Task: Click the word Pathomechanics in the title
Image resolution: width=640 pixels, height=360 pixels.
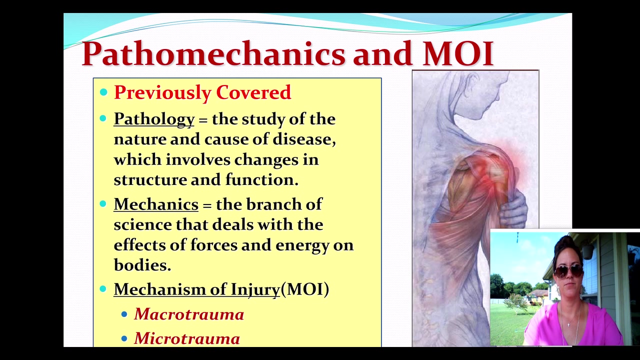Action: tap(213, 53)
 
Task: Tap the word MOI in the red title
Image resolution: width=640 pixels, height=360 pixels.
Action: tap(458, 53)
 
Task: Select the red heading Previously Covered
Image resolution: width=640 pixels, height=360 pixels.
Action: tap(202, 92)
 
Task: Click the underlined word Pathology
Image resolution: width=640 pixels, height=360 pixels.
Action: tap(154, 119)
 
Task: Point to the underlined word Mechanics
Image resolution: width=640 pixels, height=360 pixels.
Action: tap(156, 204)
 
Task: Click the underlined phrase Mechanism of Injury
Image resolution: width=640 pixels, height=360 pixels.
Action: tap(197, 289)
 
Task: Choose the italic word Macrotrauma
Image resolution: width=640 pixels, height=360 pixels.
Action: tap(189, 314)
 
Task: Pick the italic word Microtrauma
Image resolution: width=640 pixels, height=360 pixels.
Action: tap(187, 338)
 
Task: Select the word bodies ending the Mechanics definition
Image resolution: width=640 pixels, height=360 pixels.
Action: tap(142, 265)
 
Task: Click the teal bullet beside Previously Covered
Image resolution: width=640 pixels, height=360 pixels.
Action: tap(103, 92)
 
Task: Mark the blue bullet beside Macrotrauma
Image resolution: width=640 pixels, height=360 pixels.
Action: tap(124, 314)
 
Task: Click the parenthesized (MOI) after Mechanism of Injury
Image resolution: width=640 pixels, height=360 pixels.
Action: tap(305, 289)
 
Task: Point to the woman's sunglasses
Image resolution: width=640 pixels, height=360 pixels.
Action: tap(568, 270)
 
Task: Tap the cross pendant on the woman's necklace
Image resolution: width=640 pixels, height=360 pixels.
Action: tap(569, 324)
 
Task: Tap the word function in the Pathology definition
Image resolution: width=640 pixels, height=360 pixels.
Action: tap(261, 180)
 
